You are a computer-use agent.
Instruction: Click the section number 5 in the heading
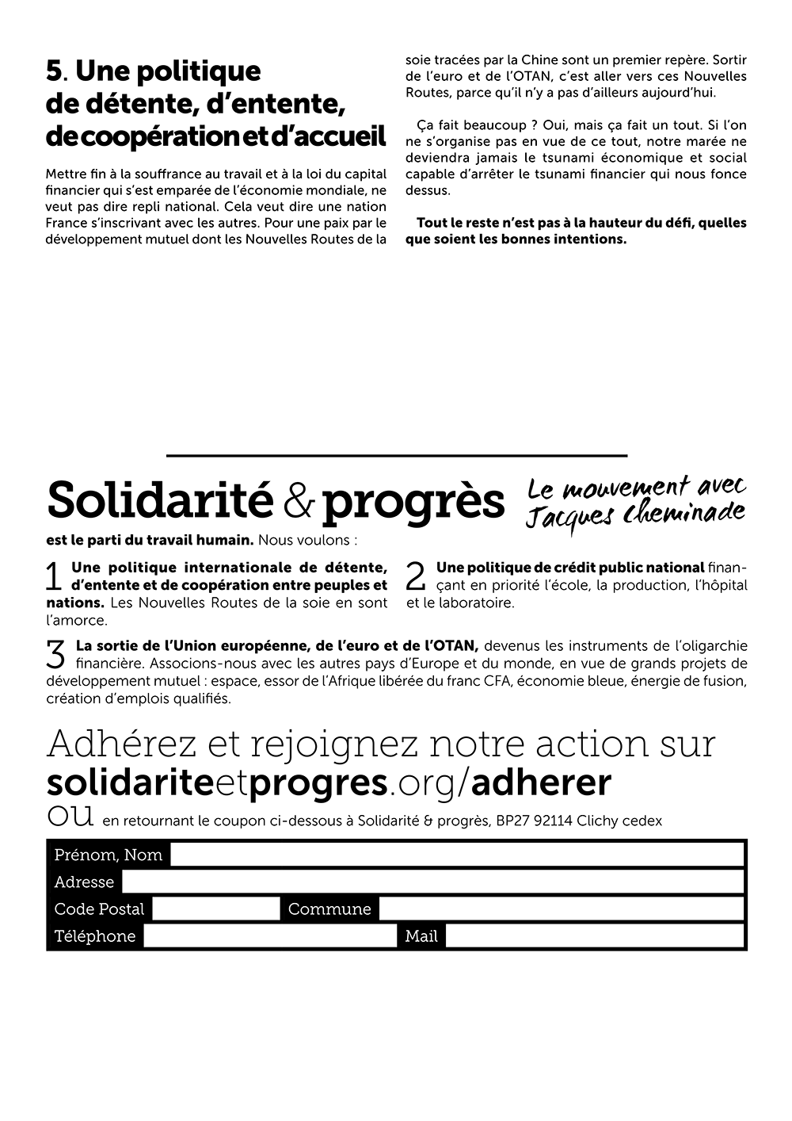click(x=54, y=71)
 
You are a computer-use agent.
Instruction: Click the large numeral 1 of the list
click(x=54, y=576)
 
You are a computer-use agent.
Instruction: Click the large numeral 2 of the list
click(x=416, y=576)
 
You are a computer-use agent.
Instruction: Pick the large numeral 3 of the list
click(x=56, y=653)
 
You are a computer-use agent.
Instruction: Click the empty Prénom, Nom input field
click(x=457, y=855)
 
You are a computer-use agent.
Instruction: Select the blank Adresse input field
click(x=432, y=882)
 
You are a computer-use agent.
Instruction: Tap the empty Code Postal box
click(x=215, y=909)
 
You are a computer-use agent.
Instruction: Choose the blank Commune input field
click(x=561, y=909)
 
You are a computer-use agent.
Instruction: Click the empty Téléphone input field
click(x=269, y=935)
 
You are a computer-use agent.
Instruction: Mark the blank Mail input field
click(x=595, y=935)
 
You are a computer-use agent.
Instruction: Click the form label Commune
click(x=329, y=909)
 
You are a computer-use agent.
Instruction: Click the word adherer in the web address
click(x=541, y=782)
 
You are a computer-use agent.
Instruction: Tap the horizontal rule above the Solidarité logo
click(x=396, y=456)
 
